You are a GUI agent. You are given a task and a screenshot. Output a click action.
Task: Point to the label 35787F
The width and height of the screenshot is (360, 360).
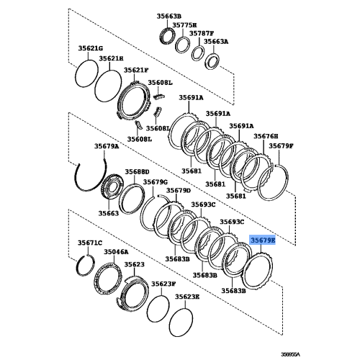[202, 34]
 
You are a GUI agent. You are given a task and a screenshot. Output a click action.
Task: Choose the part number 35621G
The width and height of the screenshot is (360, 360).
[90, 48]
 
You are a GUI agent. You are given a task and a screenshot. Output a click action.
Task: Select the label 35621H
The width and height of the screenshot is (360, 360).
[112, 58]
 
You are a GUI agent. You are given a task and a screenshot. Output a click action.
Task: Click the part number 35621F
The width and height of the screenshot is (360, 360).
[135, 71]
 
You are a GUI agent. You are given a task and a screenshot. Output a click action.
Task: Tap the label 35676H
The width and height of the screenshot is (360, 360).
[264, 137]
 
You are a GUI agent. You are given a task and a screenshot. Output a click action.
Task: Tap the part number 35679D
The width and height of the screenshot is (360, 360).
[178, 191]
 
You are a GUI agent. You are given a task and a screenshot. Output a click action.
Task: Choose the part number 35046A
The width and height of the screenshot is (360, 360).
[117, 253]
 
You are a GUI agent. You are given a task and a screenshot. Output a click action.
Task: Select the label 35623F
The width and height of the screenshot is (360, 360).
[163, 284]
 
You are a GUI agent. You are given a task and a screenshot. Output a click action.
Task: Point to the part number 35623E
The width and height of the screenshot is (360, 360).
[186, 297]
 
